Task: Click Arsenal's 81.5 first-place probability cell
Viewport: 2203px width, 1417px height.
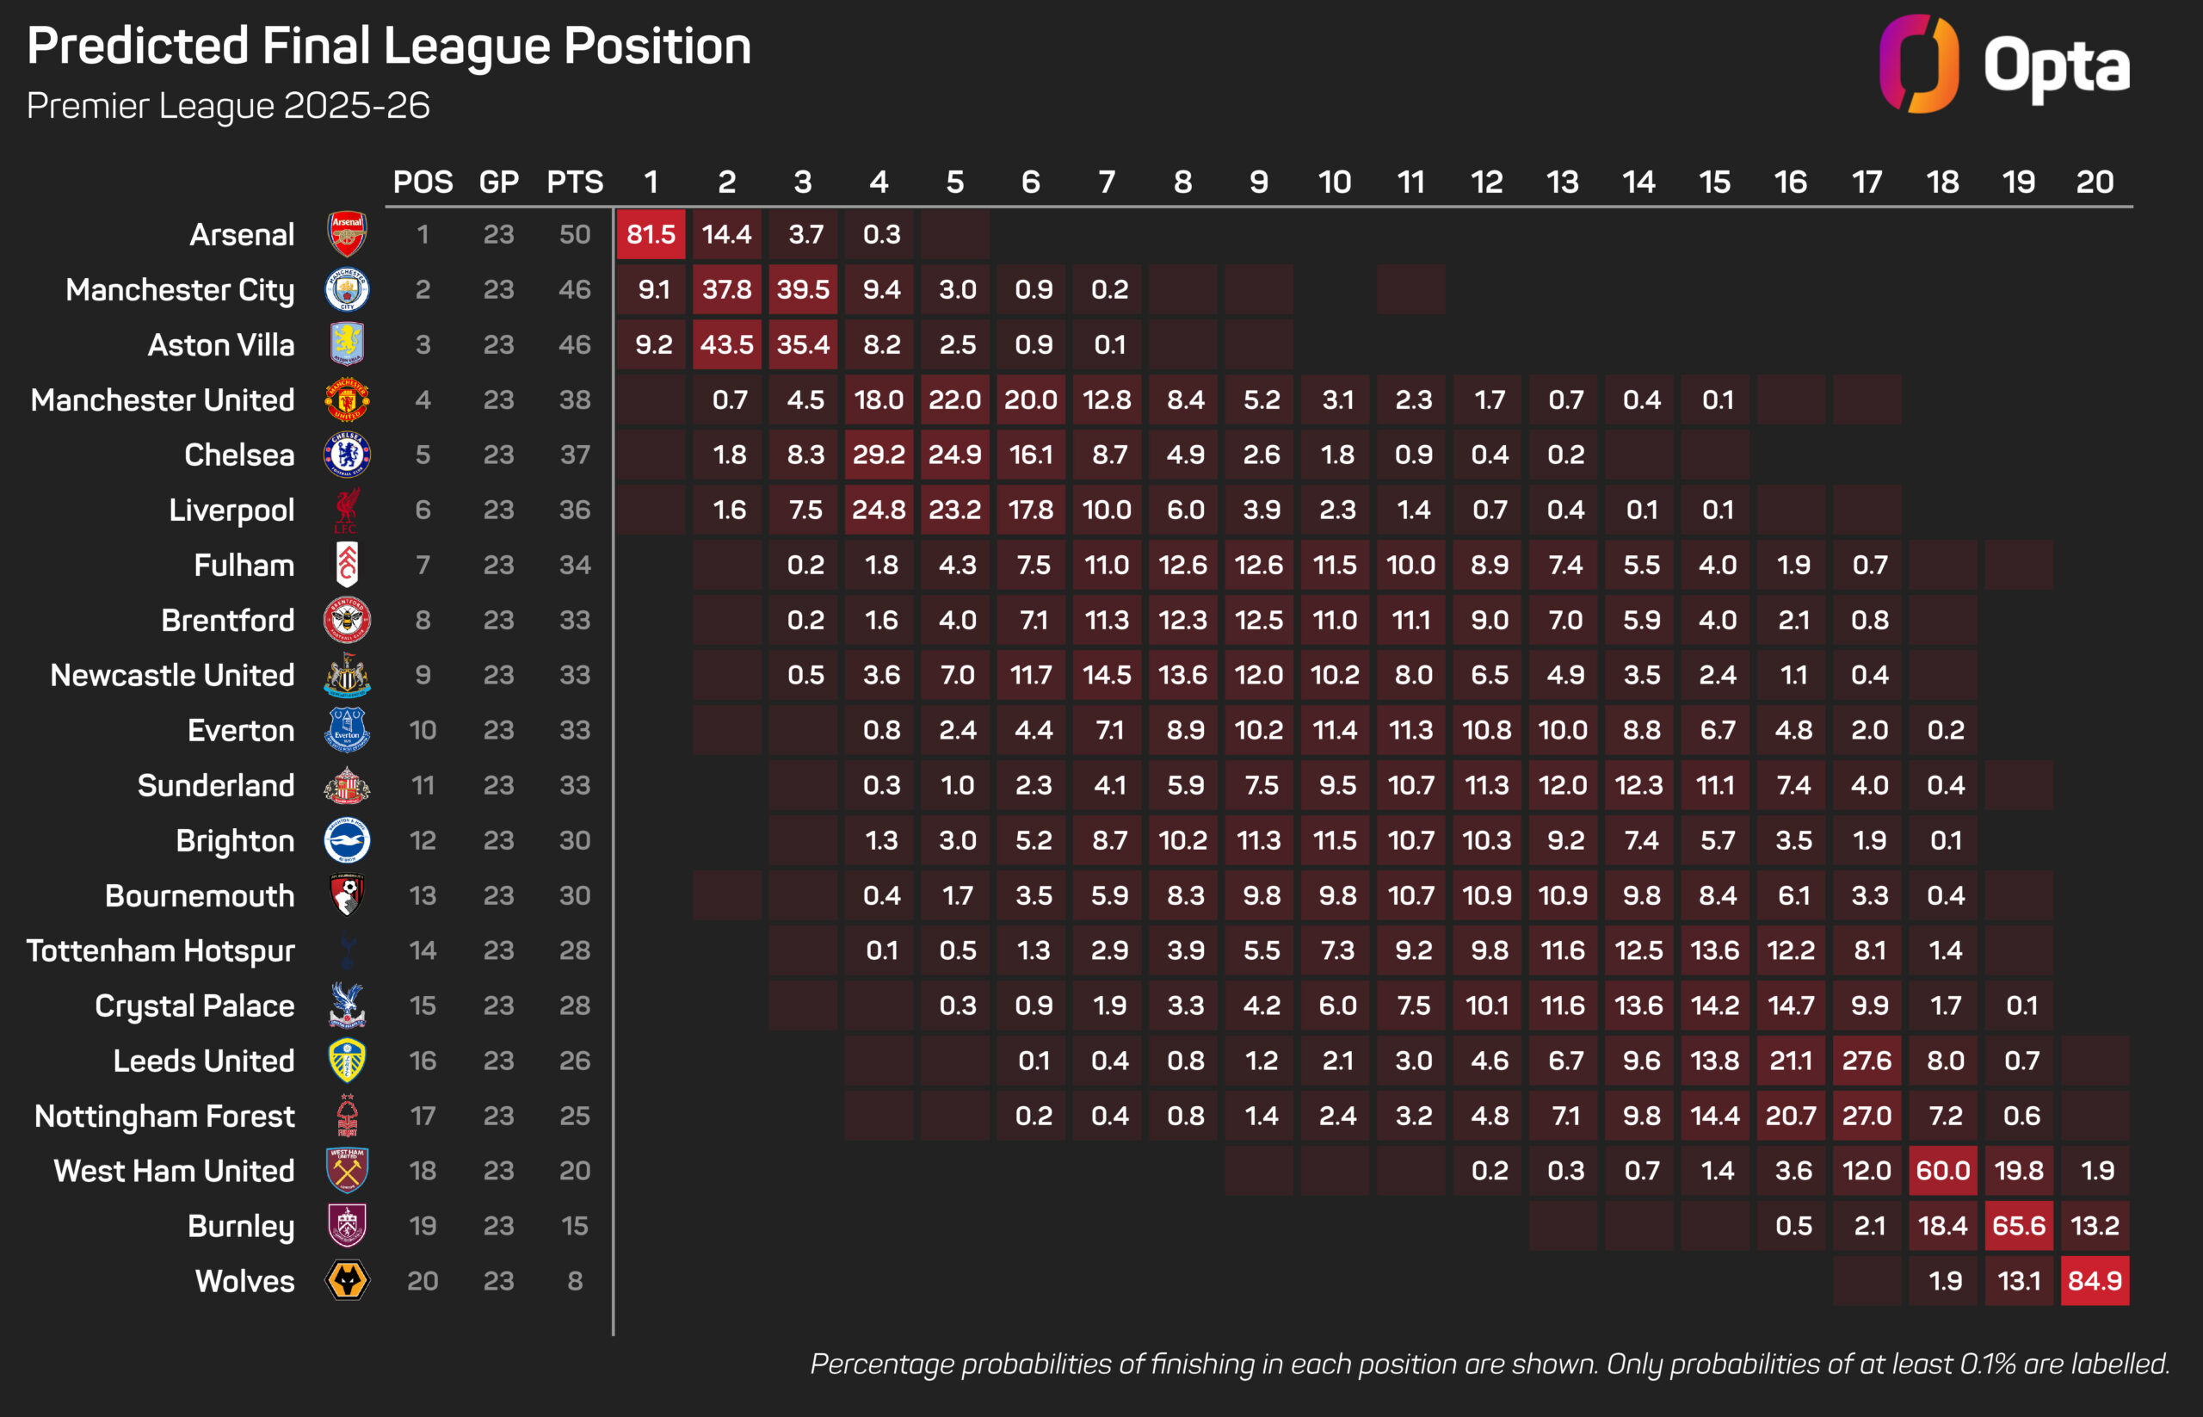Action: pos(651,235)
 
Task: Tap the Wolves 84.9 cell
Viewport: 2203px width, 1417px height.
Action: pos(2095,1281)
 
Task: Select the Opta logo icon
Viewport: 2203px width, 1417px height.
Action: pos(1918,65)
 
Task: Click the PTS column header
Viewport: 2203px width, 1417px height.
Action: pos(575,183)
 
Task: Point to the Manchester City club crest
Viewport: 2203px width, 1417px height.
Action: pos(347,290)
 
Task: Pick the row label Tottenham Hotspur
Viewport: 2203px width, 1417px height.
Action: pos(161,950)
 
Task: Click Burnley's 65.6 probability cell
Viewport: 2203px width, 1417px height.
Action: pos(2018,1226)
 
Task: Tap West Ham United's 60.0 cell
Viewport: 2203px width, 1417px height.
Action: pos(1943,1171)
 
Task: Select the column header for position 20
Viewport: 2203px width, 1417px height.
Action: pos(2095,183)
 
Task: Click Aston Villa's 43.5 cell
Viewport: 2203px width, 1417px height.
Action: pos(726,345)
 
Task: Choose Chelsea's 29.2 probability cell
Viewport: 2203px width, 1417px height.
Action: pos(879,455)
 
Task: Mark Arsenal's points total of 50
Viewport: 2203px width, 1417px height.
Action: pos(575,235)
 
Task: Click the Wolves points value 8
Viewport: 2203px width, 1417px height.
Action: pos(575,1281)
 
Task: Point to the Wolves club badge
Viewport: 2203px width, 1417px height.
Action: pos(347,1281)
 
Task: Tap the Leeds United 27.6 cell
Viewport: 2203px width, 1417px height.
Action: pos(1867,1061)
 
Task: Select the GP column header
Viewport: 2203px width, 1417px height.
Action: pos(498,183)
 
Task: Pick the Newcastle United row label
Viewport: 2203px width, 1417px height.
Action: pos(173,676)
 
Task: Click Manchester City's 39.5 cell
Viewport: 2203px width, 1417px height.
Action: pos(803,290)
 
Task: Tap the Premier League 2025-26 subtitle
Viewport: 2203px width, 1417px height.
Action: pos(228,106)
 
